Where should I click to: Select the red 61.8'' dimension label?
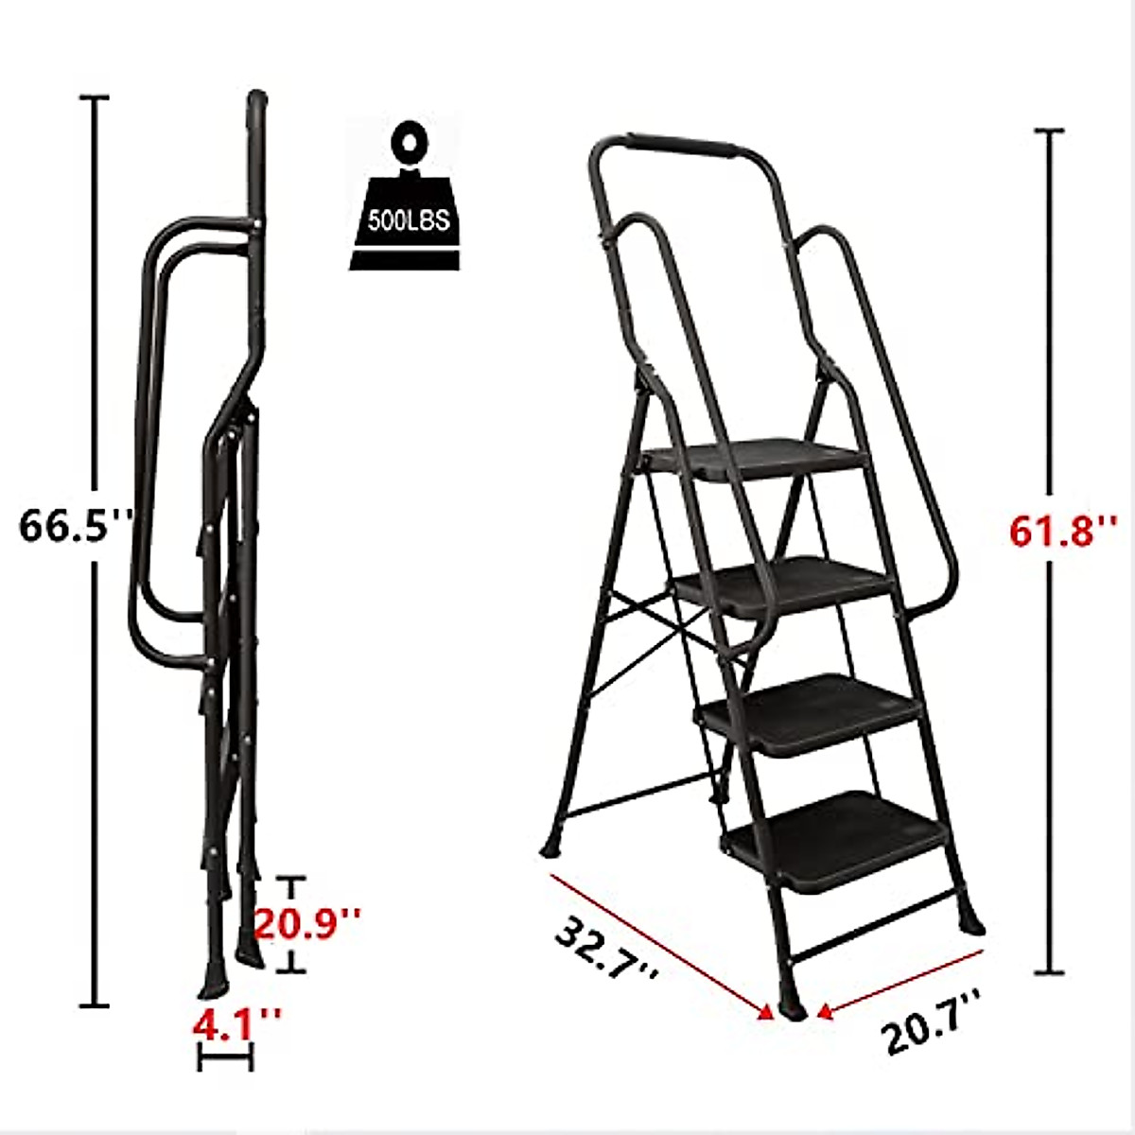[1063, 531]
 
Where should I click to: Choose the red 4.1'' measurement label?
[236, 1023]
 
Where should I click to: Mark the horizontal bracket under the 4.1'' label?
[225, 1059]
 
